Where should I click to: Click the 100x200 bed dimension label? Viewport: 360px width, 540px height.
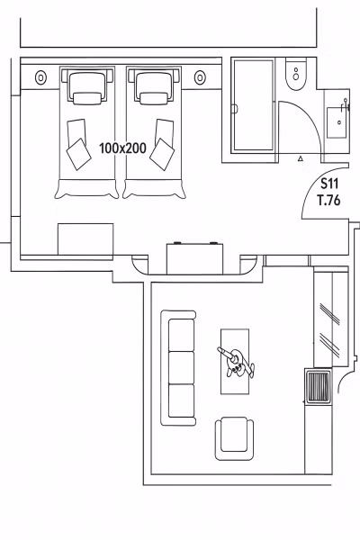[122, 148]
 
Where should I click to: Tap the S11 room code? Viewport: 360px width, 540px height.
[329, 184]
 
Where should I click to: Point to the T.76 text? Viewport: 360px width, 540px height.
[329, 200]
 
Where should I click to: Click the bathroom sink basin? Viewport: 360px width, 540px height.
[337, 122]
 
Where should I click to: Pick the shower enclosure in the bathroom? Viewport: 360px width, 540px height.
[253, 105]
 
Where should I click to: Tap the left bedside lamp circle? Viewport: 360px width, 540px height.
[40, 77]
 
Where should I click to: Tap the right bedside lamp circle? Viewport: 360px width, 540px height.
[200, 77]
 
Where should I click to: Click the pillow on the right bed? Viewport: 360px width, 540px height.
[154, 98]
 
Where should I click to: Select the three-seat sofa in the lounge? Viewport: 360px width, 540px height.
[178, 368]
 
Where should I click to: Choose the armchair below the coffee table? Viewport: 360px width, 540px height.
[234, 438]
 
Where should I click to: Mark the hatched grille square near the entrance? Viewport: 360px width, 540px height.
[318, 385]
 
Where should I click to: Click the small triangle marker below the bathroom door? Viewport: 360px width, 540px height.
[301, 158]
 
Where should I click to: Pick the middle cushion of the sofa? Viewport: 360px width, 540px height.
[181, 368]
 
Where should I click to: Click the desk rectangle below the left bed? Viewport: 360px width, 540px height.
[85, 239]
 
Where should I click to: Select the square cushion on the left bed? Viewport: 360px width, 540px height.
[79, 154]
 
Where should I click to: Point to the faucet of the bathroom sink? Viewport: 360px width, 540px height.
[346, 105]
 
